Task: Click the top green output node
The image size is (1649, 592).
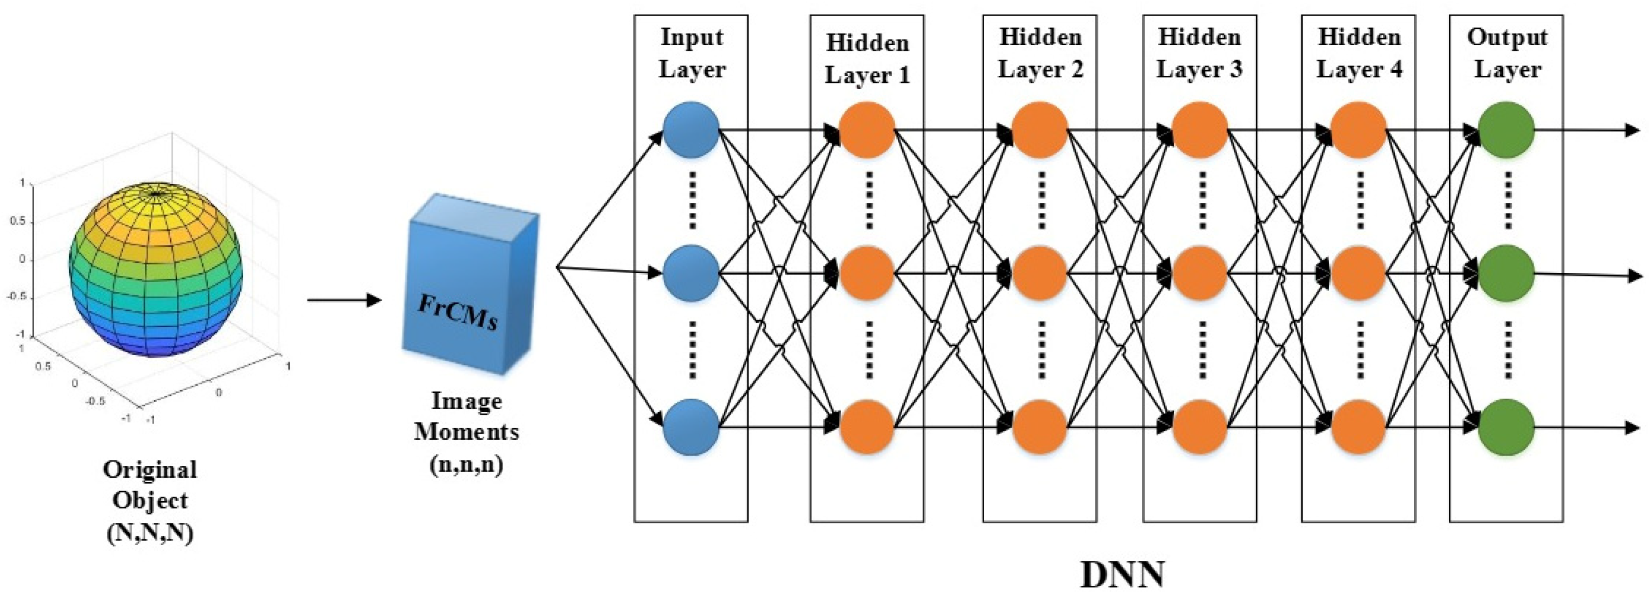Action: [x=1507, y=130]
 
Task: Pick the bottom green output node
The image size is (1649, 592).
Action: [x=1507, y=426]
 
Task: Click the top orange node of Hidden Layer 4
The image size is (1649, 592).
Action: [x=1358, y=130]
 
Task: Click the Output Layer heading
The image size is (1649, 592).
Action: [x=1507, y=53]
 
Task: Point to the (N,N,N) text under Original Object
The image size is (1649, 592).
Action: [x=150, y=532]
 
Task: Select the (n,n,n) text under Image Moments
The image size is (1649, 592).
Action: [x=466, y=464]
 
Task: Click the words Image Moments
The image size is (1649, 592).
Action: [x=466, y=416]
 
